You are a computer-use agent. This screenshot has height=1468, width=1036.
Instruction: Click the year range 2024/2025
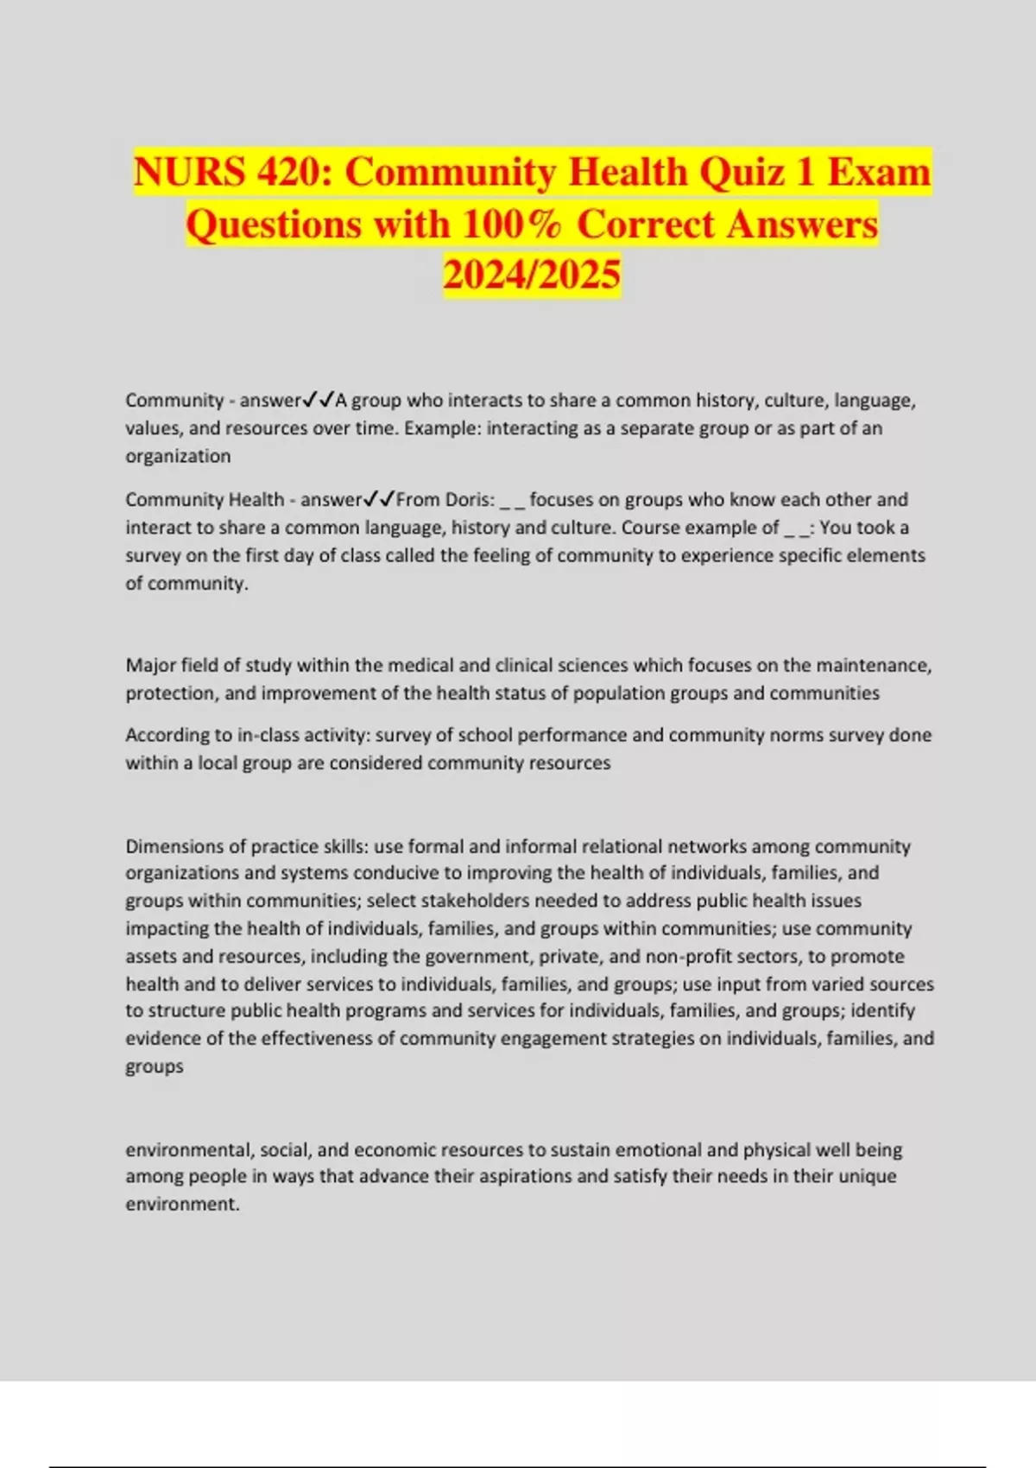click(x=532, y=275)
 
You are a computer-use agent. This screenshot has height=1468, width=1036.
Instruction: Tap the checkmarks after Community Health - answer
click(x=379, y=499)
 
